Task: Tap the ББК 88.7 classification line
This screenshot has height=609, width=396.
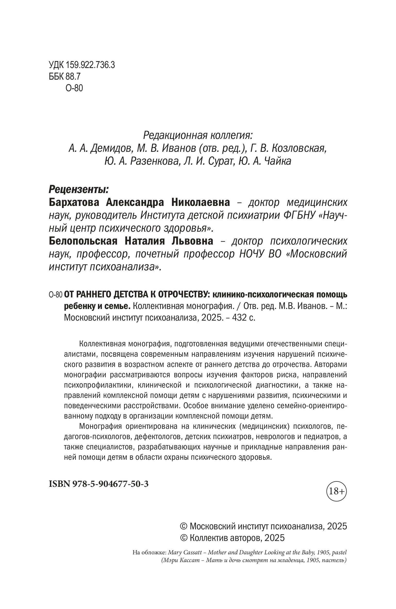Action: (x=65, y=77)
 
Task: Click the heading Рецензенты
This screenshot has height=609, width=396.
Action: (x=79, y=190)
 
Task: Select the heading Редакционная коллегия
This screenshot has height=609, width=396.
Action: (x=198, y=135)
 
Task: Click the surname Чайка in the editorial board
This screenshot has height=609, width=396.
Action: (x=278, y=161)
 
